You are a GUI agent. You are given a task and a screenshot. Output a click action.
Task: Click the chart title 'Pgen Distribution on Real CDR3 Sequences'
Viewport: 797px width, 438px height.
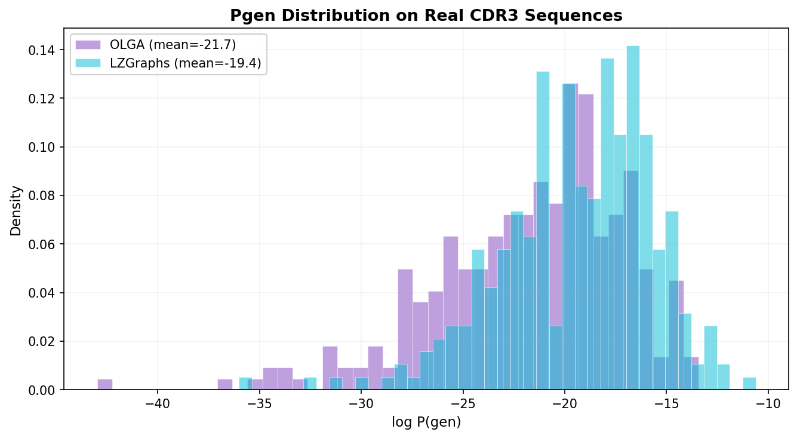[426, 16]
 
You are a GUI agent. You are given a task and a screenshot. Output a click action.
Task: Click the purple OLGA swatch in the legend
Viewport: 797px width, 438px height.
[87, 44]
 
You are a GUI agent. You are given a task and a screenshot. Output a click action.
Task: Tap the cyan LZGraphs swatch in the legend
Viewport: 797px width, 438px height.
[87, 63]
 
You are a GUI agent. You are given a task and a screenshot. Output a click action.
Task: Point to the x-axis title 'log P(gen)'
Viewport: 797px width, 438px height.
[426, 422]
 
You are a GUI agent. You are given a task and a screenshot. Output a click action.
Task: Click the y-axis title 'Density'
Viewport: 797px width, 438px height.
[16, 210]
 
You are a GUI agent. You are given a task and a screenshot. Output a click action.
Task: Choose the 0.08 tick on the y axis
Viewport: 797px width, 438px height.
[44, 195]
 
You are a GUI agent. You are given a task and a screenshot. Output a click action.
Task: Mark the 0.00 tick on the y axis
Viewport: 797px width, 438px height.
[44, 390]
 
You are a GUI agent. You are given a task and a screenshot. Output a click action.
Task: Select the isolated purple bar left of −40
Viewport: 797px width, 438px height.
[105, 384]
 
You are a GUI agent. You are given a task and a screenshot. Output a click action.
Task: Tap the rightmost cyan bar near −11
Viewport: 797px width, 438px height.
[749, 384]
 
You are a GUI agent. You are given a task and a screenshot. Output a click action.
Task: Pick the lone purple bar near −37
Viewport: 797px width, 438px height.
[225, 384]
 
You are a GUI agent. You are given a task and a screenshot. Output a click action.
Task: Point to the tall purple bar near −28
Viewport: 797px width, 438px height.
[405, 329]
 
